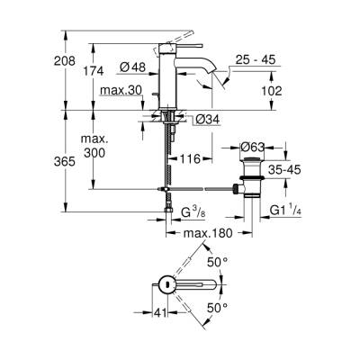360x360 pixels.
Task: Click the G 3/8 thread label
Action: point(190,213)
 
